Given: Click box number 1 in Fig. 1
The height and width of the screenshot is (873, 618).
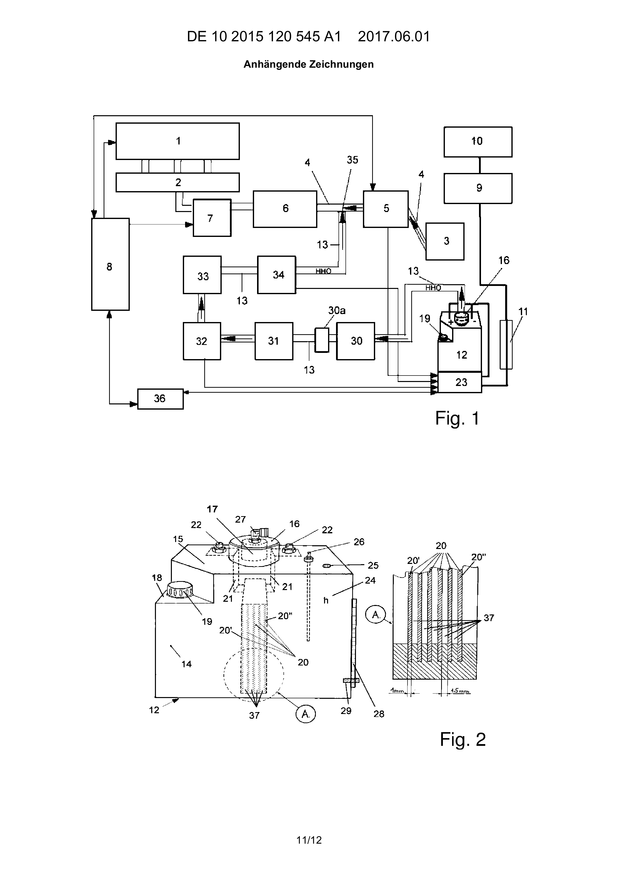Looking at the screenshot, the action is (x=178, y=141).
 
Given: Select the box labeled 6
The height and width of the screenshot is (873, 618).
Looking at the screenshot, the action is (x=285, y=209).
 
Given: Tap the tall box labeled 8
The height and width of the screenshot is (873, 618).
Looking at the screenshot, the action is (x=110, y=264).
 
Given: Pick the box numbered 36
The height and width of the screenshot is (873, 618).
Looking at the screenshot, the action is (x=160, y=399).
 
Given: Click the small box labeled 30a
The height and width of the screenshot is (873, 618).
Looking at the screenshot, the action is (x=322, y=340).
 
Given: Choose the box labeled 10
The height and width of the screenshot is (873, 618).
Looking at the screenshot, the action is (x=478, y=142).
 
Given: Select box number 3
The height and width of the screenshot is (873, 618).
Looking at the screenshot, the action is (x=445, y=241).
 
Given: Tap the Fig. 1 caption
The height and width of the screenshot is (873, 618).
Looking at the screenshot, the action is (x=457, y=419).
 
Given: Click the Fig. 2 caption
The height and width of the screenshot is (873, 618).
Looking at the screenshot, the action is (x=463, y=740).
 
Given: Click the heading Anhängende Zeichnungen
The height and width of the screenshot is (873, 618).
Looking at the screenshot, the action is (x=309, y=64).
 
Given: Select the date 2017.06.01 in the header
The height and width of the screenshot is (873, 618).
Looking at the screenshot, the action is (x=394, y=37).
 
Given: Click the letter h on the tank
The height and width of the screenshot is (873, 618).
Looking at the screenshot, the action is (x=326, y=600).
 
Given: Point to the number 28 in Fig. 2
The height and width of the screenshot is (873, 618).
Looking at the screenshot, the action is (x=379, y=714).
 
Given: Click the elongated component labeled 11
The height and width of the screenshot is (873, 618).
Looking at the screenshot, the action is (x=506, y=344).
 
